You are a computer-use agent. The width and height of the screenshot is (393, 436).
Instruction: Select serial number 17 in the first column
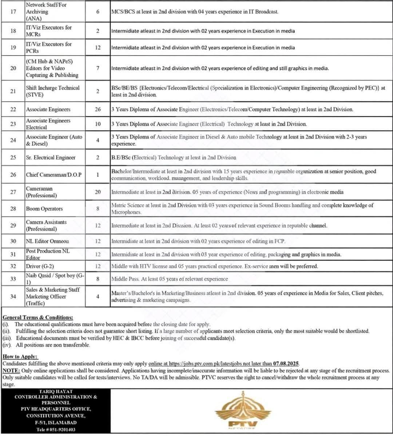(13, 12)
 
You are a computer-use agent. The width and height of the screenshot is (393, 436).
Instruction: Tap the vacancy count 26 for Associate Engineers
(98, 109)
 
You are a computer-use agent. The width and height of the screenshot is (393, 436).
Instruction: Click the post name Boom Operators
(44, 209)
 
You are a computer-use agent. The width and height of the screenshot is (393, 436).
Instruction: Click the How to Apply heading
(20, 357)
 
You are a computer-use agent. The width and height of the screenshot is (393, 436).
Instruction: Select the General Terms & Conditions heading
(37, 317)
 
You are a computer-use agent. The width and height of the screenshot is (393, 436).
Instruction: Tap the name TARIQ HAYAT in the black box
(56, 392)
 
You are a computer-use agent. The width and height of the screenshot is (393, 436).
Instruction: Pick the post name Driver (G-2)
(40, 266)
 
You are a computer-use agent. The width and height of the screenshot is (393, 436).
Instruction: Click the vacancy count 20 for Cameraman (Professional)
(98, 192)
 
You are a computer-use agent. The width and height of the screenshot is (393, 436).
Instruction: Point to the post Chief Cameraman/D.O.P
(53, 175)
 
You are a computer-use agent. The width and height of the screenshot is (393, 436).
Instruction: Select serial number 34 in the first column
(13, 297)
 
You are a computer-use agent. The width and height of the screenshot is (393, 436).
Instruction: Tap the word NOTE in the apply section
(11, 370)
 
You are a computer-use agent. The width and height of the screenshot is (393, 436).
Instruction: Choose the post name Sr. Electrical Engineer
(51, 158)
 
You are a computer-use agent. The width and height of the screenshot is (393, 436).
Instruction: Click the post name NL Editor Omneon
(47, 241)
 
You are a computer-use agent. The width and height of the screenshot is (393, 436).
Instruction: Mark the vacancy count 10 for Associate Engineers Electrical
(98, 124)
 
